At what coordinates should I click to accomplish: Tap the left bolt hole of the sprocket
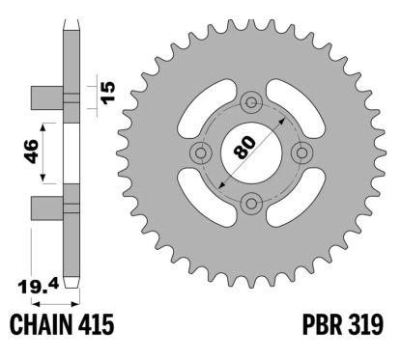[x=202, y=151]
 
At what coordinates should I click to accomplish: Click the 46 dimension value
[x=31, y=152]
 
